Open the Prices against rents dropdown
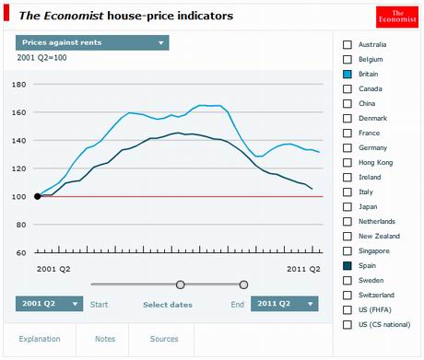click(x=92, y=42)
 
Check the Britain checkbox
click(x=347, y=74)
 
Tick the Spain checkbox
click(x=347, y=265)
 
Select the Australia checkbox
click(x=347, y=44)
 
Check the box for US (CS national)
click(x=347, y=324)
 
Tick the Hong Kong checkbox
click(x=347, y=162)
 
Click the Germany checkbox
click(x=347, y=147)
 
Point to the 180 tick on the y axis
click(x=18, y=85)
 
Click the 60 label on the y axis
click(x=19, y=252)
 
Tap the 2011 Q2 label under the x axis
click(x=301, y=269)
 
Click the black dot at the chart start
click(x=37, y=196)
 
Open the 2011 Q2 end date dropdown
click(x=285, y=304)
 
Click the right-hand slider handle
click(x=243, y=285)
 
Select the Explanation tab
click(x=40, y=339)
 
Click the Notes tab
click(x=105, y=339)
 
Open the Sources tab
click(x=164, y=339)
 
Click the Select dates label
click(x=168, y=304)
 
